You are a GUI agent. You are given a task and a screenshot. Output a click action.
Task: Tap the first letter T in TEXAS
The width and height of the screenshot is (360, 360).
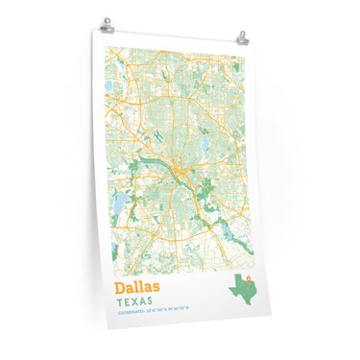click(118, 302)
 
